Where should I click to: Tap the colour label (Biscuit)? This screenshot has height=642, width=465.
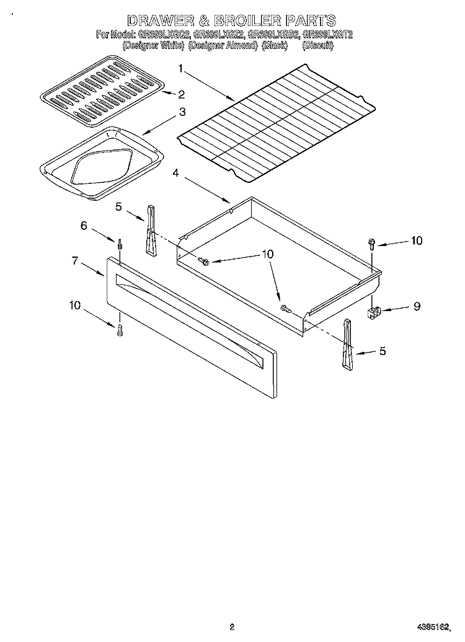317,46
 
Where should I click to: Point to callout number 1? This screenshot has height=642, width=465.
180,68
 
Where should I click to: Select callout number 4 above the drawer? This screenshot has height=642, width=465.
176,174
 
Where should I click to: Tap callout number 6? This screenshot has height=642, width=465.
84,226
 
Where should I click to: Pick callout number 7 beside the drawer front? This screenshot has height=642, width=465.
74,261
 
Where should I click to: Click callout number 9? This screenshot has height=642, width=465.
417,306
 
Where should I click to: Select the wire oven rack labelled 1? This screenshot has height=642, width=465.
276,127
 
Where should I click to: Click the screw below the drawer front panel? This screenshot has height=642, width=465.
119,331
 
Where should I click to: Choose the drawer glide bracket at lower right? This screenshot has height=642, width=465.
347,345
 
